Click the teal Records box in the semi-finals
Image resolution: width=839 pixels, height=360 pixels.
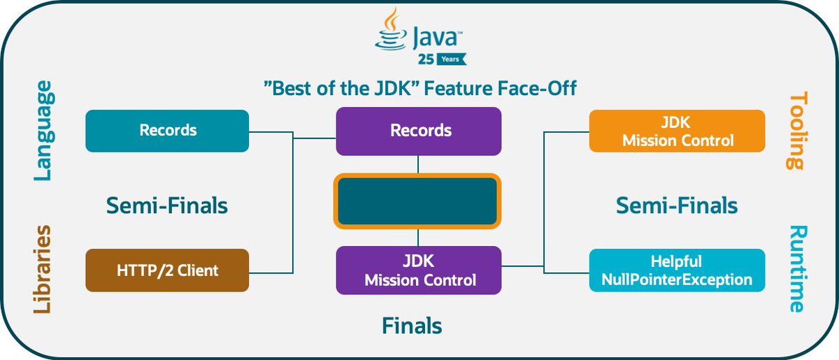click(x=167, y=131)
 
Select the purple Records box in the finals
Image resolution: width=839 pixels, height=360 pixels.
click(x=418, y=131)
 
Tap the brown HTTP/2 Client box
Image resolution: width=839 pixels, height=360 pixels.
click(x=167, y=270)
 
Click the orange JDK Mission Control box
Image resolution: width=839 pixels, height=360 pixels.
click(x=677, y=131)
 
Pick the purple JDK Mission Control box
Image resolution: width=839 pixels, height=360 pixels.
click(x=418, y=271)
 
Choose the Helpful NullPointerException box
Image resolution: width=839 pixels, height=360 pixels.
click(x=677, y=271)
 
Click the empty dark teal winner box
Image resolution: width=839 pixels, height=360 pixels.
click(x=418, y=201)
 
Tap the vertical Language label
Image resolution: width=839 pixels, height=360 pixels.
click(x=43, y=131)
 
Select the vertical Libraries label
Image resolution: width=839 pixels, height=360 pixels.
click(x=43, y=269)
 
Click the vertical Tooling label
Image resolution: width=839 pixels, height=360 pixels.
click(x=796, y=131)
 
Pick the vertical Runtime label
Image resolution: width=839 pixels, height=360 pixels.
click(x=796, y=269)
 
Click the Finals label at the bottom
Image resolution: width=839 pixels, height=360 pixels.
click(x=412, y=326)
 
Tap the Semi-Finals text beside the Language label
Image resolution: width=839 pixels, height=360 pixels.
click(x=167, y=206)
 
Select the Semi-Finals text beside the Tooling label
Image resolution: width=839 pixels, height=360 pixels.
click(x=676, y=206)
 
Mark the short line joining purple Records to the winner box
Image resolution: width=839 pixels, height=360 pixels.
click(x=418, y=164)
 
